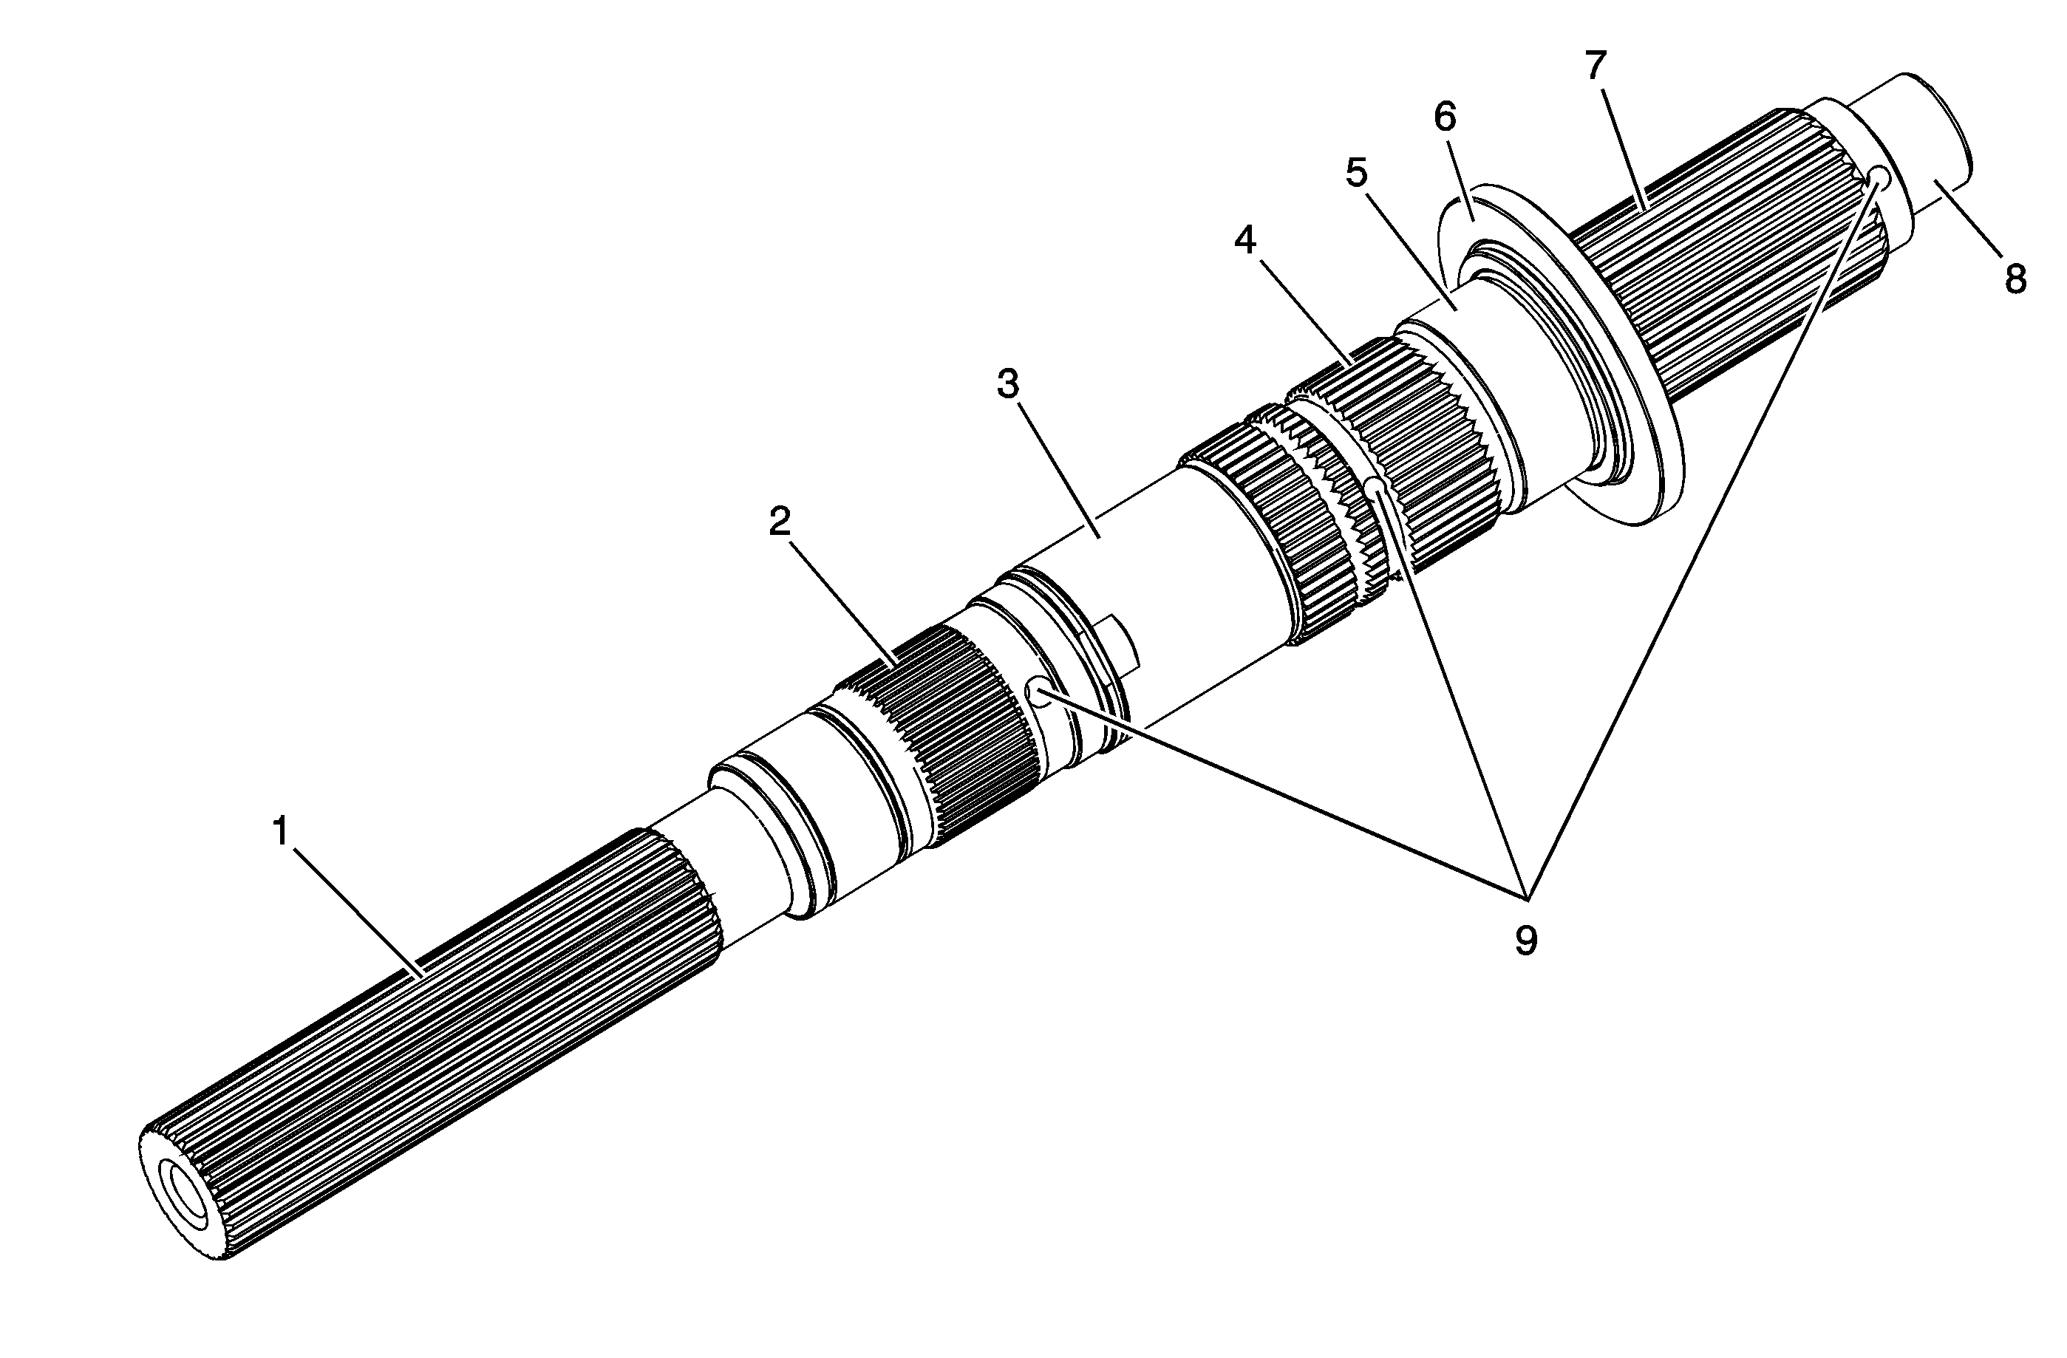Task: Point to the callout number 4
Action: click(x=1244, y=242)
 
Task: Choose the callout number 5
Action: click(x=1356, y=173)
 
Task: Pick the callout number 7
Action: click(x=1596, y=65)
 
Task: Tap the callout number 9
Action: click(x=1525, y=940)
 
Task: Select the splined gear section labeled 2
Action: click(x=938, y=729)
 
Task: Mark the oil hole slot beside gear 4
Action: click(x=1372, y=486)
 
